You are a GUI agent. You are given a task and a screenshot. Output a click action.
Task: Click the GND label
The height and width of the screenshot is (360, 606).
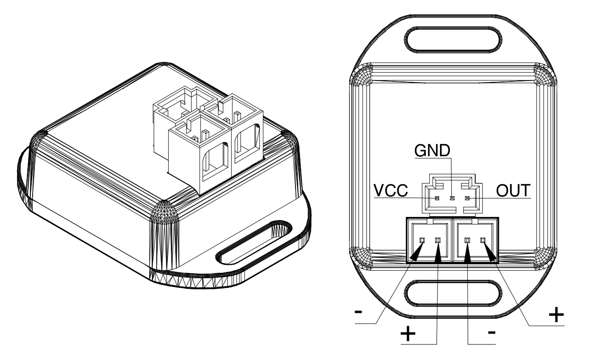click(432, 151)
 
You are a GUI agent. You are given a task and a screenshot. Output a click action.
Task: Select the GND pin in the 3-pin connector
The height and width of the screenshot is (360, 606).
click(452, 198)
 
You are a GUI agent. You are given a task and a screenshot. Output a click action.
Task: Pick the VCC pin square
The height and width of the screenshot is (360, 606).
click(437, 198)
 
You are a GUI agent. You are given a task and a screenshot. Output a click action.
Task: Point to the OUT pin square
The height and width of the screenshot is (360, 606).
click(467, 198)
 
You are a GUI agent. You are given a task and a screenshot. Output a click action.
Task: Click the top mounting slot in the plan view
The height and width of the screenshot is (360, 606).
click(453, 40)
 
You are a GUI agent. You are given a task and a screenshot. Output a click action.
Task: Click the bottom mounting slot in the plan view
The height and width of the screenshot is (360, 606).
click(453, 293)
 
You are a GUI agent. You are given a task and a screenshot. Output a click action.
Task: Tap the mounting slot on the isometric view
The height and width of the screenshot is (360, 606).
click(254, 243)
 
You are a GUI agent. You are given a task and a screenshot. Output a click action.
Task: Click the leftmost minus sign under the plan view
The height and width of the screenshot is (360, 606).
click(358, 312)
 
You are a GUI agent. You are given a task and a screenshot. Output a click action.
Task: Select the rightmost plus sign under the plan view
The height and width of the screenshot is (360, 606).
click(556, 315)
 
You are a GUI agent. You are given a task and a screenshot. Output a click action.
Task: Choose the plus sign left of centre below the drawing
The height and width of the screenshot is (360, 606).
click(408, 334)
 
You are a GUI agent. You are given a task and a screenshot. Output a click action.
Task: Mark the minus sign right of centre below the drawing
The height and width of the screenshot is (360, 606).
click(492, 332)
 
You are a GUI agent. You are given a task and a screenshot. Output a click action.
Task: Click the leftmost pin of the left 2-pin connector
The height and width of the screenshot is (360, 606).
click(422, 240)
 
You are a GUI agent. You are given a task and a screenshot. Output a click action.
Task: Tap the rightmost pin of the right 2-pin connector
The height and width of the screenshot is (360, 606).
click(483, 240)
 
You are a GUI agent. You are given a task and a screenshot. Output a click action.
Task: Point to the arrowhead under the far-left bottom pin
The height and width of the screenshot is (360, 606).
click(417, 252)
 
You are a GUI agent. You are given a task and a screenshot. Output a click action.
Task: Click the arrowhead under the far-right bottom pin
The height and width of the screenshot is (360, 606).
click(490, 252)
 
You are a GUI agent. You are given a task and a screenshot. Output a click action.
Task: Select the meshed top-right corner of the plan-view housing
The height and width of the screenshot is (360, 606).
click(545, 74)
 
